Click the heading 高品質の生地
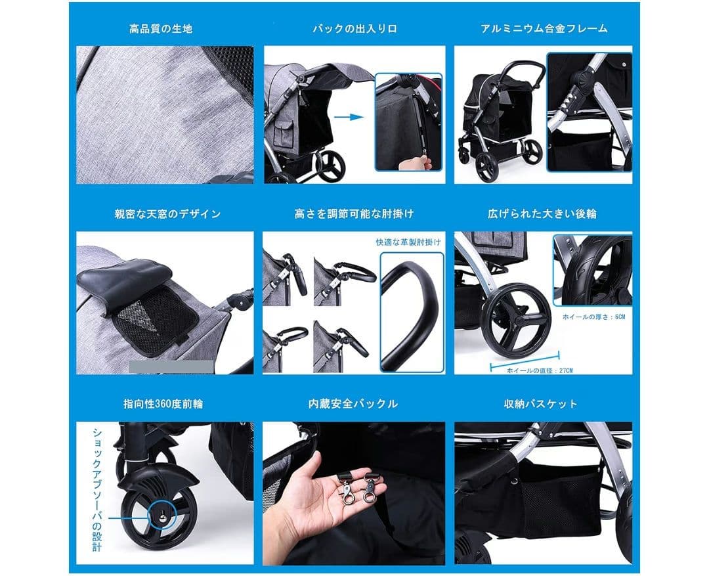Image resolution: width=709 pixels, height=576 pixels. click(161, 29)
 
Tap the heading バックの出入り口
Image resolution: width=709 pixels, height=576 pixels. click(354, 29)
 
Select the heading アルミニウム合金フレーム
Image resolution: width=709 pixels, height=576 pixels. click(544, 29)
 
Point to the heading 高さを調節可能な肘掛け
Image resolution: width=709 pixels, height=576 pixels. click(354, 214)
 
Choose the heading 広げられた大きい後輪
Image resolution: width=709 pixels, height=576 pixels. click(542, 214)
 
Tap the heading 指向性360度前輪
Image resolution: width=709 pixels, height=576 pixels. click(161, 403)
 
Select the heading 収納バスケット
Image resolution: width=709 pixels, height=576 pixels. click(542, 403)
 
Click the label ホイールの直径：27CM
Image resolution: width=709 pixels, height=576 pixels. click(540, 370)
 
